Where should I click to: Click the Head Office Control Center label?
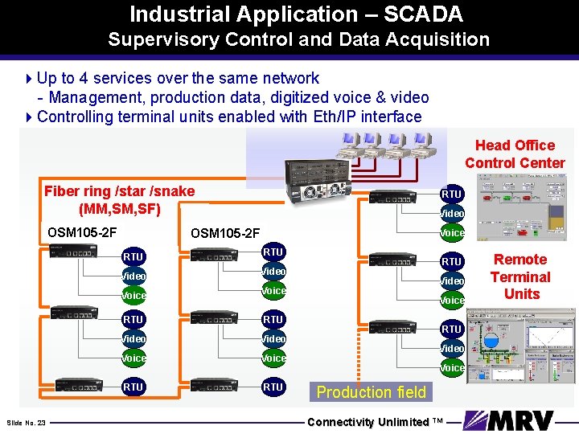tap(515, 154)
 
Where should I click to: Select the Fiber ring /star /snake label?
tap(119, 191)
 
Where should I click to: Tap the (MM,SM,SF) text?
tap(120, 209)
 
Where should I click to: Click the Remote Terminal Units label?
tap(520, 276)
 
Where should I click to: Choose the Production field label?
tap(372, 392)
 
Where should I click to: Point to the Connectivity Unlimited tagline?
tap(375, 422)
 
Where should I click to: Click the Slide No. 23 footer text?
tap(26, 423)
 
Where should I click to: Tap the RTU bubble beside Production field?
tap(273, 387)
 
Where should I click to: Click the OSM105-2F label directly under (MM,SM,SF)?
tap(82, 233)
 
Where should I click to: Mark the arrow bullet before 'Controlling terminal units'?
tap(30, 117)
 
